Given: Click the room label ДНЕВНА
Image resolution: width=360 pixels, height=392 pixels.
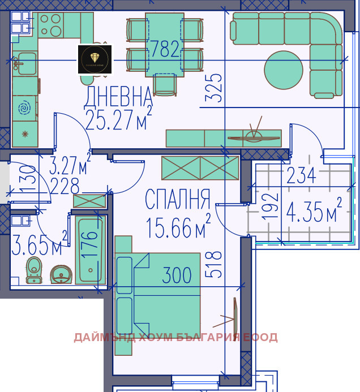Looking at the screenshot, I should pyautogui.click(x=118, y=97).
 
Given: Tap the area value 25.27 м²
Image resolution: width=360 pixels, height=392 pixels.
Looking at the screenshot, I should pyautogui.click(x=118, y=119).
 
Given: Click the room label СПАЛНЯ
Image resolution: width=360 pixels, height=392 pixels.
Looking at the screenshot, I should pyautogui.click(x=177, y=200).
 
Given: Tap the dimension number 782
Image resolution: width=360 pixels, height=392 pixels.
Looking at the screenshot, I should pyautogui.click(x=165, y=50).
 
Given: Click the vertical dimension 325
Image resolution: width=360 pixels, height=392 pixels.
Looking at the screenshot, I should pyautogui.click(x=213, y=88).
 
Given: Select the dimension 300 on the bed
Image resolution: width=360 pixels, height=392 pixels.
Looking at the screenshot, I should pyautogui.click(x=177, y=276).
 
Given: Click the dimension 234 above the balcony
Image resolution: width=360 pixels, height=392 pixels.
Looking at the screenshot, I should pyautogui.click(x=301, y=176).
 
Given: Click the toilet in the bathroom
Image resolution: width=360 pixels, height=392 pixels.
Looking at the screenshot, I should pyautogui.click(x=34, y=270).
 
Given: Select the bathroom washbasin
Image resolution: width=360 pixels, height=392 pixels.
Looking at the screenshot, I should pyautogui.click(x=61, y=274).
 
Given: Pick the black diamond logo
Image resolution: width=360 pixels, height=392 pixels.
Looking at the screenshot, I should pyautogui.click(x=95, y=59).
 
